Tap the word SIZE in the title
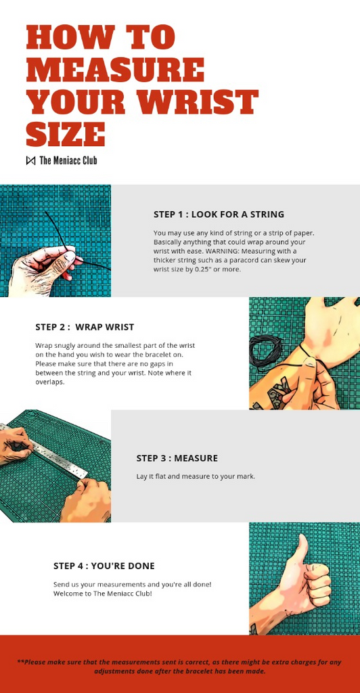click(66, 135)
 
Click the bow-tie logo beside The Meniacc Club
click(30, 160)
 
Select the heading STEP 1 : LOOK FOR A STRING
click(219, 215)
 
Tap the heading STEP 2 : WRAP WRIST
click(85, 327)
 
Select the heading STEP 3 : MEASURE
click(177, 458)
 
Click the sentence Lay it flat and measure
click(196, 477)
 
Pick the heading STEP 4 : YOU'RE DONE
click(104, 566)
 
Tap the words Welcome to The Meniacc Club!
click(103, 594)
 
